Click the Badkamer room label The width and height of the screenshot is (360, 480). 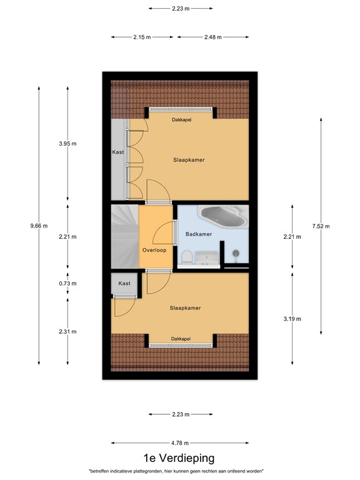pos(199,234)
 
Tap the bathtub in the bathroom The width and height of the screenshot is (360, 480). pos(222,216)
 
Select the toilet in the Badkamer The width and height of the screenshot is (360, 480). pos(186,257)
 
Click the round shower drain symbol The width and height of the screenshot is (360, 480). pos(236,253)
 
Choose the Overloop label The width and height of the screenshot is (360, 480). pos(154,249)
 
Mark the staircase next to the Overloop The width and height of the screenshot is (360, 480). pos(124,237)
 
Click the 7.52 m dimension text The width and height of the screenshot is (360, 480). pos(321,226)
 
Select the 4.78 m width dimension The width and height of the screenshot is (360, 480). pos(181,442)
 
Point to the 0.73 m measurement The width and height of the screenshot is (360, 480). pos(67,283)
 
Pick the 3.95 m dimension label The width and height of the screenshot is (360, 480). pos(67,144)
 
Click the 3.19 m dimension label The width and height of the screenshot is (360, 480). pos(292,319)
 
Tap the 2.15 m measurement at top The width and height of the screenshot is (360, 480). pos(142,37)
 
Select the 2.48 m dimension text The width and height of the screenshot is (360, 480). pos(212,37)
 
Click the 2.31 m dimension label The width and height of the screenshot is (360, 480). pos(67,331)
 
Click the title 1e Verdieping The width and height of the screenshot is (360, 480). pos(180,458)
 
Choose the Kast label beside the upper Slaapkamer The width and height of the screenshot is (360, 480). pos(118,152)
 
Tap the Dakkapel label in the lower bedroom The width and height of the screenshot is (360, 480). pos(181,339)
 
